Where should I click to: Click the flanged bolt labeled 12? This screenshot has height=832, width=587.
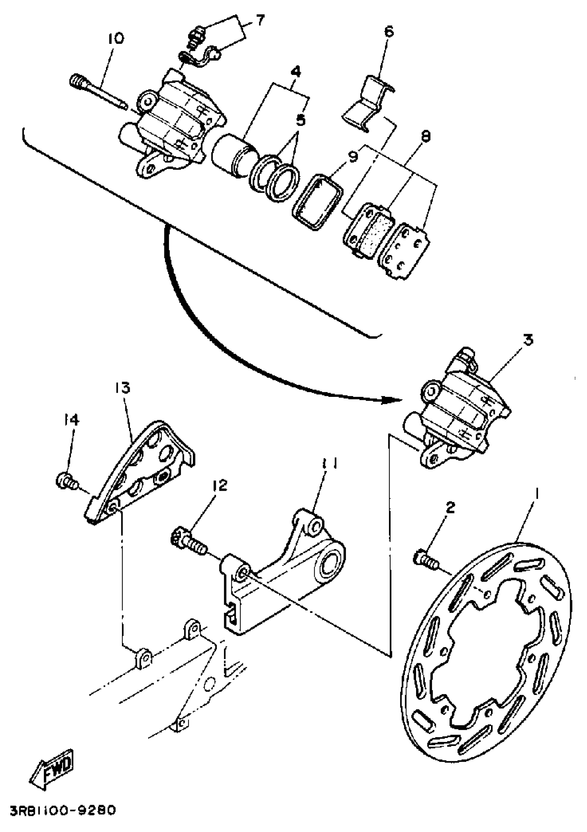pyautogui.click(x=187, y=543)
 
